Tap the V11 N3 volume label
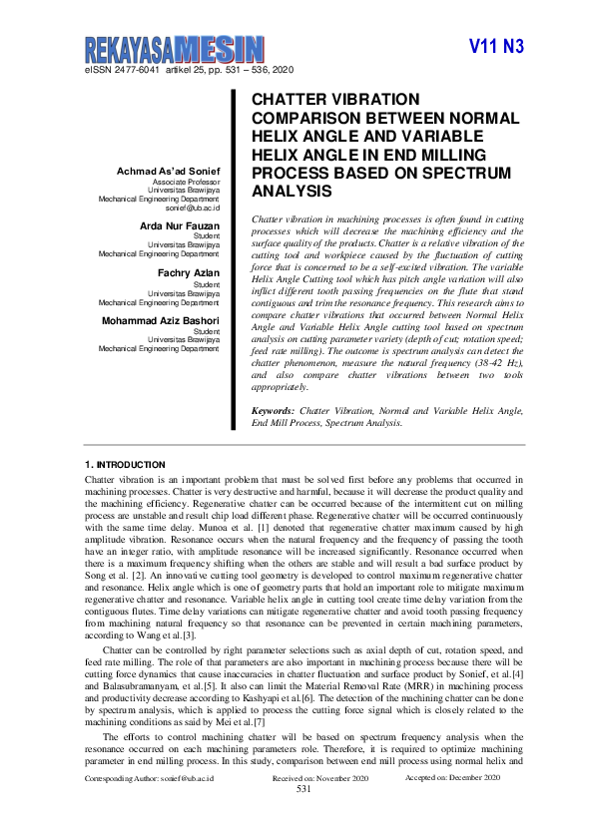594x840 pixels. (x=496, y=47)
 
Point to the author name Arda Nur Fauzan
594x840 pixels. (x=180, y=226)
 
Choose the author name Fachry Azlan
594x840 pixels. (x=189, y=271)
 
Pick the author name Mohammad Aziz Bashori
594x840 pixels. (x=160, y=320)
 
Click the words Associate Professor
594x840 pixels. (x=186, y=184)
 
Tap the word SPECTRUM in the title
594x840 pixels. (x=471, y=173)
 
